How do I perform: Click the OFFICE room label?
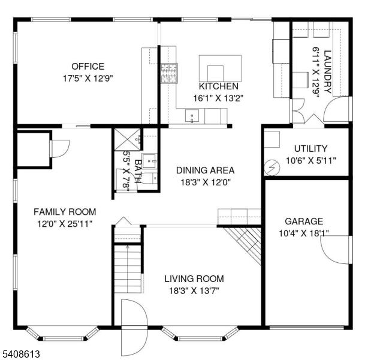[88, 67]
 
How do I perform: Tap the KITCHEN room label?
[219, 86]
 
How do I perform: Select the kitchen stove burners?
[169, 73]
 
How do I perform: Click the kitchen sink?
[192, 116]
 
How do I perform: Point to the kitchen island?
[220, 68]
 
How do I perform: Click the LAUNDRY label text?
[327, 72]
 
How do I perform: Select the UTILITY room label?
[311, 148]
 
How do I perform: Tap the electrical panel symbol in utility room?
[272, 167]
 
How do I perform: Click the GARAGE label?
[304, 221]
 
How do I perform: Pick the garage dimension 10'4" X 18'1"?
[304, 233]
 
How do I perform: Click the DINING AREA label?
[206, 170]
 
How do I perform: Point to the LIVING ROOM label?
[194, 278]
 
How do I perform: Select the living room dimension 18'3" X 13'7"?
[194, 291]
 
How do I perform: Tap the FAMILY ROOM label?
[65, 212]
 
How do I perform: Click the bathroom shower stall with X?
[127, 139]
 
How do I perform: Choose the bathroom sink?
[149, 161]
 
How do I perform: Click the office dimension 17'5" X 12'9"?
[88, 79]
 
